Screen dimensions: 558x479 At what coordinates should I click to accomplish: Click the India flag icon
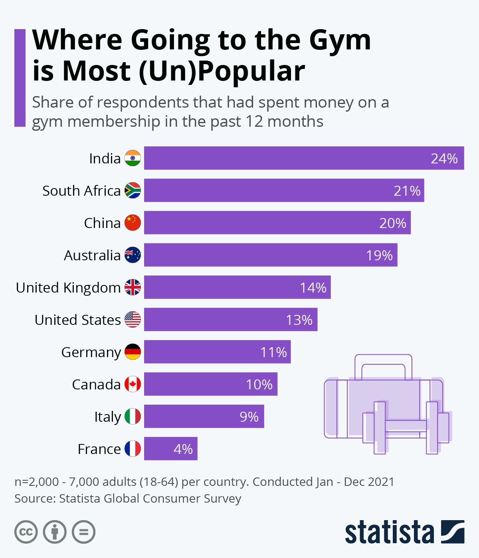click(133, 158)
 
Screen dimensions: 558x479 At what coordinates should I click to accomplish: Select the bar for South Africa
click(283, 191)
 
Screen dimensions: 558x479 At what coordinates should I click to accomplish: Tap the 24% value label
click(444, 159)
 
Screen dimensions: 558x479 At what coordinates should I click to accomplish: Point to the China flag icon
click(133, 223)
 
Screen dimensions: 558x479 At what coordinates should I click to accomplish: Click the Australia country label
click(92, 255)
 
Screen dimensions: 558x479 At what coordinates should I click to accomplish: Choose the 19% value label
click(379, 255)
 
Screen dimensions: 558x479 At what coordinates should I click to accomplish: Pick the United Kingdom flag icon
click(133, 287)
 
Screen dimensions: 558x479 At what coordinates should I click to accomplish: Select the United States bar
click(230, 320)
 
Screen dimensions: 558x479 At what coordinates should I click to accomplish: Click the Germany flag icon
click(133, 352)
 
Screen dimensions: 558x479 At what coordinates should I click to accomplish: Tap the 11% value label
click(273, 352)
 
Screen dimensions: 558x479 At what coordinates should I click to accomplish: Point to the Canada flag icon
click(133, 384)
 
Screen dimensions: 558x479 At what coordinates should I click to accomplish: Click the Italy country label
click(107, 417)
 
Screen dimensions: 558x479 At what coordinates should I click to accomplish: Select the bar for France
click(170, 449)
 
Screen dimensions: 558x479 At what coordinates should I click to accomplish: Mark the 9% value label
click(249, 417)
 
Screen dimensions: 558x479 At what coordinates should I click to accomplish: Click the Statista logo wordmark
click(389, 532)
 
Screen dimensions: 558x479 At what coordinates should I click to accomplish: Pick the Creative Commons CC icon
click(26, 532)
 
